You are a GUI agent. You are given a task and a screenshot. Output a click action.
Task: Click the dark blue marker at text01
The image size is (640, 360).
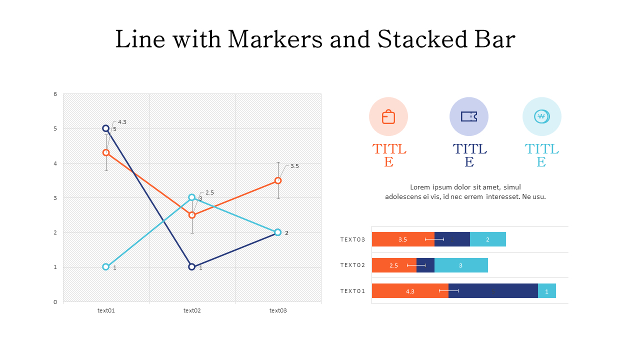(106, 128)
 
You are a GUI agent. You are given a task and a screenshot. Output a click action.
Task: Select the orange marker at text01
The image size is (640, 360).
(106, 152)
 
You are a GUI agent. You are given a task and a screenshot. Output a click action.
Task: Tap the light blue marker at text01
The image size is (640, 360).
(106, 267)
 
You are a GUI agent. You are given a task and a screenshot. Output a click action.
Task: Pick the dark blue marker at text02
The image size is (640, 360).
(192, 267)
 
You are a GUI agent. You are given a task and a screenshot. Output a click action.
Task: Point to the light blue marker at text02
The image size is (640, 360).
(192, 197)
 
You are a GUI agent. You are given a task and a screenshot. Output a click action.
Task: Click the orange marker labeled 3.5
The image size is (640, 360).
(278, 180)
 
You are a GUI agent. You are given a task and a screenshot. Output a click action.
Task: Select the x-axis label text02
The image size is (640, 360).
(192, 310)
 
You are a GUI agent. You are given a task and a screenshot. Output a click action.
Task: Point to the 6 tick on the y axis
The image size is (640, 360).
(55, 94)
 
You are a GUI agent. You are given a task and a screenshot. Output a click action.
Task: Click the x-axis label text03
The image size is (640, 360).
(278, 310)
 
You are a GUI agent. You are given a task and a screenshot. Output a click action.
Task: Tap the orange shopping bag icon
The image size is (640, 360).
(388, 116)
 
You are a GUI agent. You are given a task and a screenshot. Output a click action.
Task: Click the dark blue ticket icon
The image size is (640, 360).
(469, 116)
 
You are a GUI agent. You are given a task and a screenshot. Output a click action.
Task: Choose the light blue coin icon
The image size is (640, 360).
(541, 116)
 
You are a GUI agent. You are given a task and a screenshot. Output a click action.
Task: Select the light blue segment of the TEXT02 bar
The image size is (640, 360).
(461, 265)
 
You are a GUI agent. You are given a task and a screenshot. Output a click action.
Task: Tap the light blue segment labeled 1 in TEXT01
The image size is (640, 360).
(547, 291)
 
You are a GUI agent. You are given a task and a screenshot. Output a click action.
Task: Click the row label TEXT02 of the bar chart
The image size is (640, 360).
(353, 265)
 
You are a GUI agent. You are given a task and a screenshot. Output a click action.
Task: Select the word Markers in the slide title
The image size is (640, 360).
(274, 39)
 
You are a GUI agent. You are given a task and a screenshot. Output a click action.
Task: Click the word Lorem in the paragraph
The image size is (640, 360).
(420, 187)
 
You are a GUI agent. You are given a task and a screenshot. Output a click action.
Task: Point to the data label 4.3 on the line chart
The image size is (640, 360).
(122, 122)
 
